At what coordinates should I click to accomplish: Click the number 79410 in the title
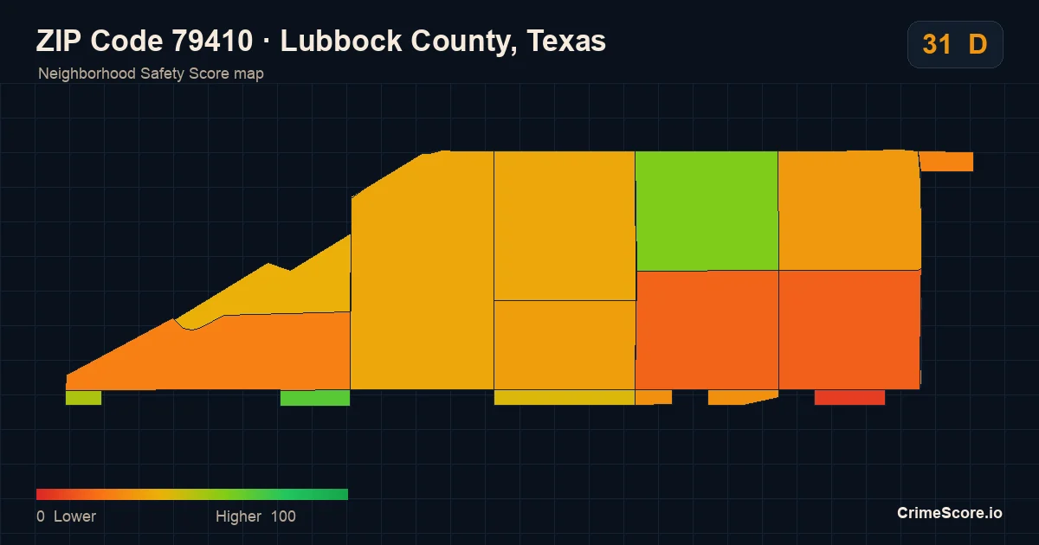212,41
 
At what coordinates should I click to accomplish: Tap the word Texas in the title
566,41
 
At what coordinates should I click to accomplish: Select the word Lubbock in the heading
341,41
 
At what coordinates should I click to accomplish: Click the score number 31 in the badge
937,44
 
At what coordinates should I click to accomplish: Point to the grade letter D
978,44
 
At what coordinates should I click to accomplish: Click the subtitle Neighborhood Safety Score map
151,74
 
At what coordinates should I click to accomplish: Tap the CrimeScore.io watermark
950,513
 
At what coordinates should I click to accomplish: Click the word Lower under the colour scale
74,516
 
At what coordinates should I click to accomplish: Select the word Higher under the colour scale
238,516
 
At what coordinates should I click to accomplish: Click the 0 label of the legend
41,516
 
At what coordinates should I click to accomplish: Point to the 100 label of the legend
283,516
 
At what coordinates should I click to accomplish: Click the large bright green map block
707,211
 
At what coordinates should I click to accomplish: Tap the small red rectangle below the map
849,398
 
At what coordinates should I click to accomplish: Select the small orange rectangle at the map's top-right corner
946,162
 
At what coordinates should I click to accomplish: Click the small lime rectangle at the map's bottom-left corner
83,398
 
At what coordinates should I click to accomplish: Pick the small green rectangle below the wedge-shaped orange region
315,398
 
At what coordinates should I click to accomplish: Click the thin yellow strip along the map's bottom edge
564,398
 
